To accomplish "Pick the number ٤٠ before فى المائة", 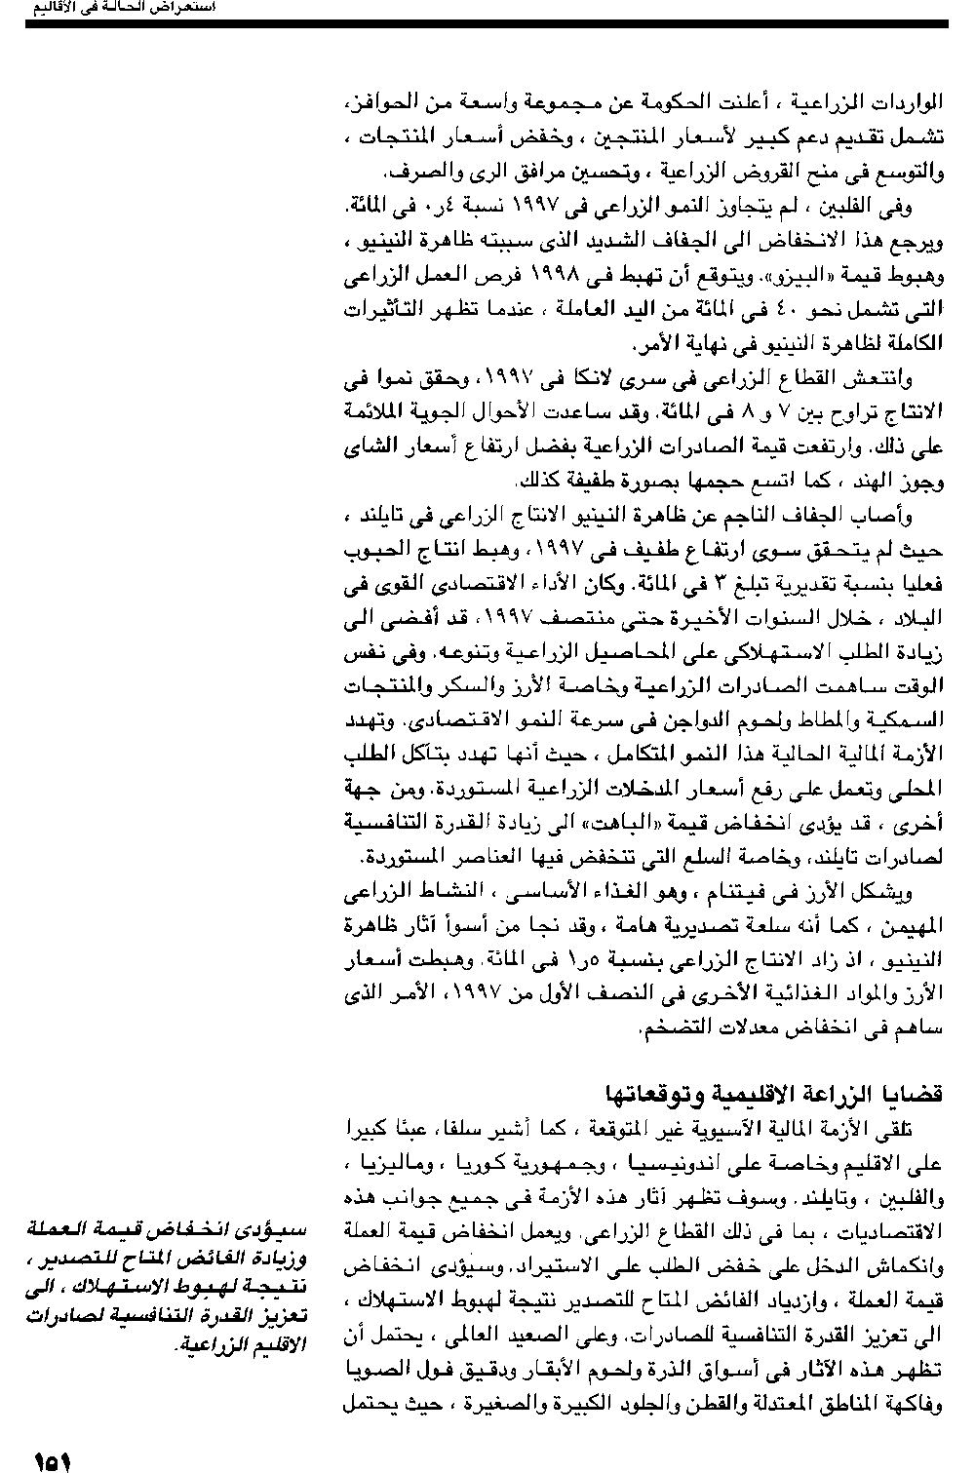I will (755, 311).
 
